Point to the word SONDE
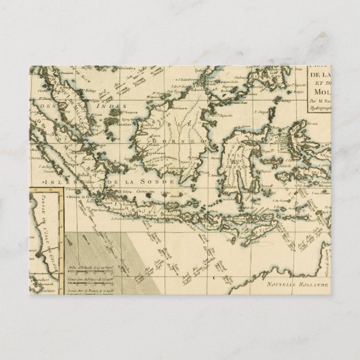pyautogui.click(x=163, y=183)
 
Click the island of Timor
pyautogui.click(x=272, y=228)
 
